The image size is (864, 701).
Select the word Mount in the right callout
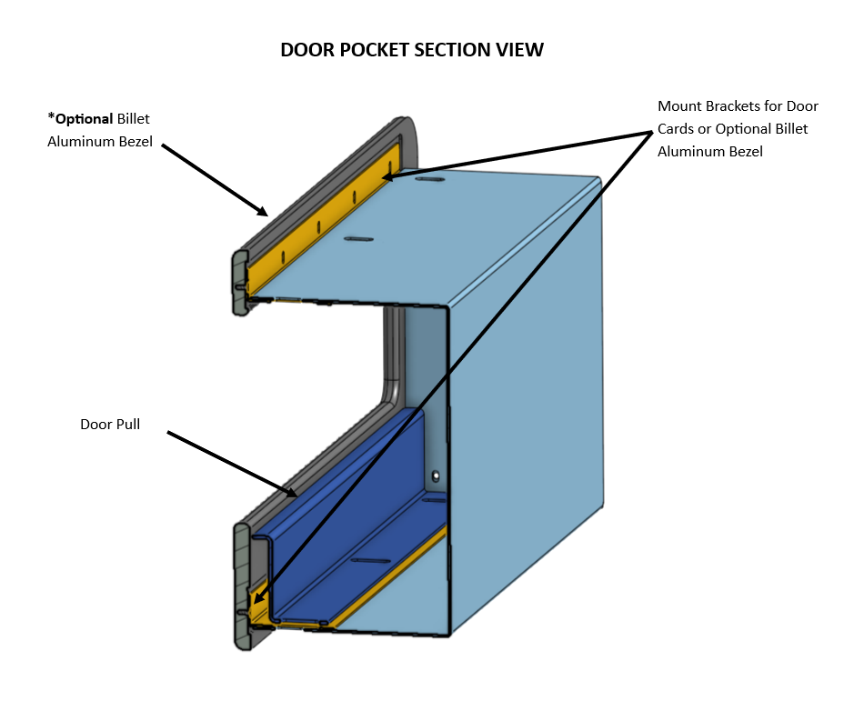point(679,106)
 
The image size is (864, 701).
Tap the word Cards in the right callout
point(676,129)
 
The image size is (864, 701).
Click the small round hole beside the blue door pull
point(436,476)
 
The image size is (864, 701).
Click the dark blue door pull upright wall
point(346,509)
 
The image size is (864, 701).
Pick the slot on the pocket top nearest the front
point(358,239)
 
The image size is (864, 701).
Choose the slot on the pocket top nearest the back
point(430,180)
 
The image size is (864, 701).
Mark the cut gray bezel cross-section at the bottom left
point(242,582)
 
